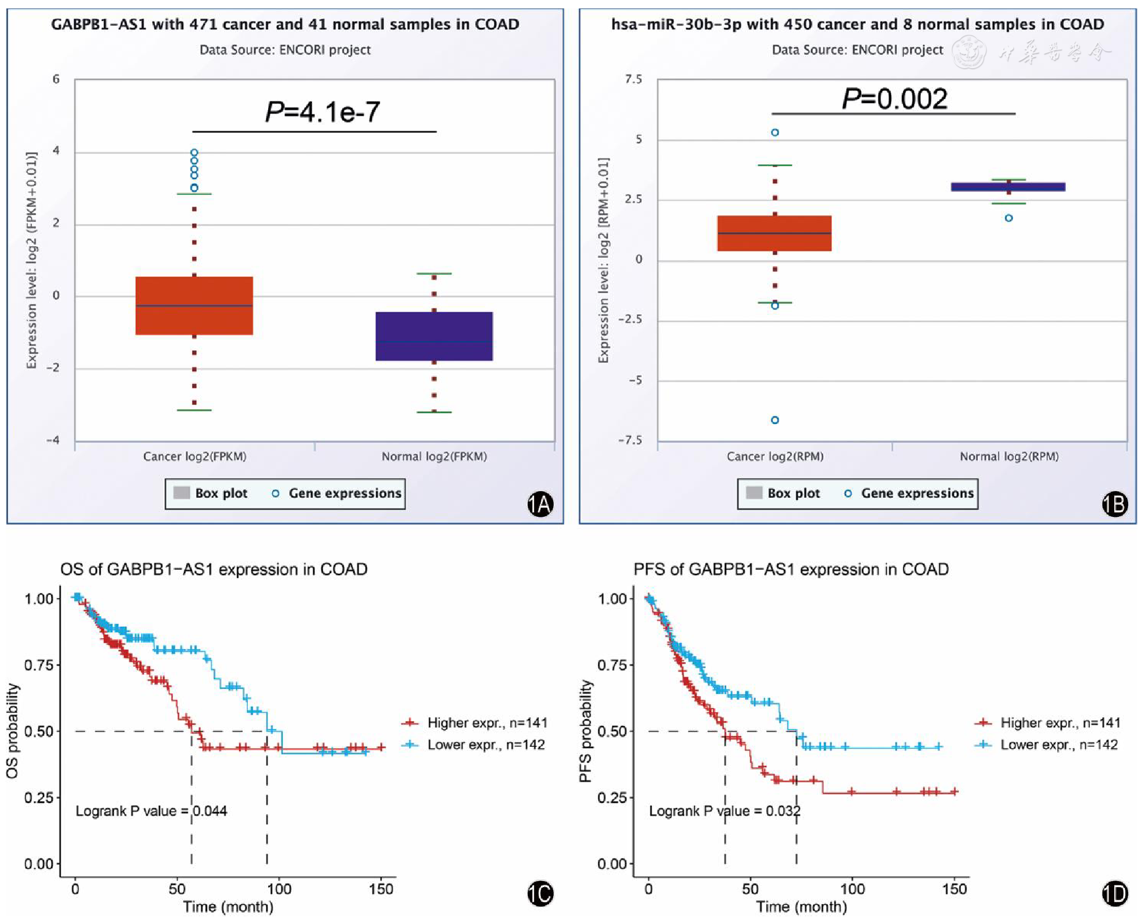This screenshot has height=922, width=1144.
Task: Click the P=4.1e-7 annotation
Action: click(x=322, y=112)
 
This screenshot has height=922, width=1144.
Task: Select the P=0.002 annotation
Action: click(x=894, y=99)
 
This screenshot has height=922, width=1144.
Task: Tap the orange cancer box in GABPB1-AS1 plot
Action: click(x=194, y=306)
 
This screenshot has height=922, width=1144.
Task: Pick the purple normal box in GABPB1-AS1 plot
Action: click(x=434, y=336)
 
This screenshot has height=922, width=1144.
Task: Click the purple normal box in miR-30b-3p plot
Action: click(x=1008, y=187)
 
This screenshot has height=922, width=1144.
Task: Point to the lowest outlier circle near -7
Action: click(x=775, y=420)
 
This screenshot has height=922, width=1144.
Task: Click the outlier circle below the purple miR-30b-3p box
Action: click(x=1009, y=218)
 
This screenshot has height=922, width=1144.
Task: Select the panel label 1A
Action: click(x=540, y=504)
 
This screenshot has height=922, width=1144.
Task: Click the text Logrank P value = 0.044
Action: click(x=151, y=811)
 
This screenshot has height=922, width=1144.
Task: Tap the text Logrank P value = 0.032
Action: click(x=724, y=811)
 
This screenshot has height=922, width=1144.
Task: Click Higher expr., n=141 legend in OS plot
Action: click(x=487, y=723)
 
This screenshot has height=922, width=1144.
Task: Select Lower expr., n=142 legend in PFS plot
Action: click(x=1059, y=745)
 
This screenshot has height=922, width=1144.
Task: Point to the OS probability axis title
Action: click(x=12, y=731)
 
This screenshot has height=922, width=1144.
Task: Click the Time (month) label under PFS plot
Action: click(x=801, y=907)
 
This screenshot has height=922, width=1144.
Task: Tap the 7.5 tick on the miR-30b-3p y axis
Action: click(x=633, y=79)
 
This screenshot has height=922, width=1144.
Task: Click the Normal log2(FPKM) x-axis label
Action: click(x=434, y=456)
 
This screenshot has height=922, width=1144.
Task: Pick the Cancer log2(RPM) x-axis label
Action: click(x=775, y=456)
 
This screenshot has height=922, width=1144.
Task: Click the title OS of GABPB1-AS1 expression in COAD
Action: click(x=214, y=569)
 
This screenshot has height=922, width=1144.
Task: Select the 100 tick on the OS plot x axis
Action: click(x=279, y=889)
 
